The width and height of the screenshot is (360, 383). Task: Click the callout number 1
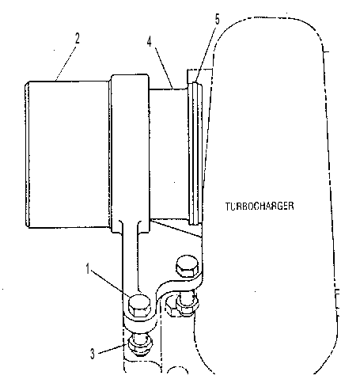click(88, 269)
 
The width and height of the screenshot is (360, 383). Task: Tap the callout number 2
click(77, 39)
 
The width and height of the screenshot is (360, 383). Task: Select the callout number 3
click(93, 354)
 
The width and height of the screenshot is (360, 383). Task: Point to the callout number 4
click(150, 41)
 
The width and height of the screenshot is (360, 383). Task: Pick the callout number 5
click(217, 19)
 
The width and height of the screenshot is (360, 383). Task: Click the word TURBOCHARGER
click(260, 206)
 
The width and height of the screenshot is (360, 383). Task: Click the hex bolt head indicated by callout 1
click(139, 305)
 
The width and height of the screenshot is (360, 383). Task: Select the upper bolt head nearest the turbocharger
click(187, 265)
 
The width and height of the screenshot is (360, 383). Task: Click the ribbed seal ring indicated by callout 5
click(196, 154)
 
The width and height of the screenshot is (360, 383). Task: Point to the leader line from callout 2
click(66, 63)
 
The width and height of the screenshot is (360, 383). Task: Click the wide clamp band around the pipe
click(130, 154)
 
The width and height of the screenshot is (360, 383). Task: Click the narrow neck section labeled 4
click(169, 154)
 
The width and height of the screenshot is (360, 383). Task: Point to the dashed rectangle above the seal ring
click(199, 70)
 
